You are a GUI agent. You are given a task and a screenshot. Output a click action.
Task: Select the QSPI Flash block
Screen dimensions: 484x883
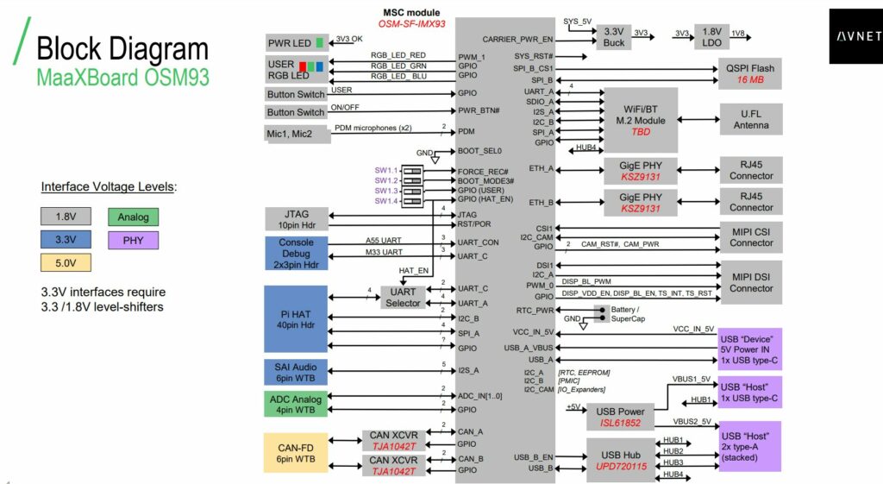tap(749, 74)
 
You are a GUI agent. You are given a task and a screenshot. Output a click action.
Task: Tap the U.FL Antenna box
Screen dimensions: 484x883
tap(750, 119)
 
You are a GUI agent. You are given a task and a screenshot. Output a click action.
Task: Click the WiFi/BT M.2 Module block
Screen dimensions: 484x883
tap(641, 120)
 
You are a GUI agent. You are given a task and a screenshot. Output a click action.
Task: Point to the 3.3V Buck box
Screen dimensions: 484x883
tap(613, 36)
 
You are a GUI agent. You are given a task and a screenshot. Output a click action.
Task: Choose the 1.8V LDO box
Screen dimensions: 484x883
tap(712, 36)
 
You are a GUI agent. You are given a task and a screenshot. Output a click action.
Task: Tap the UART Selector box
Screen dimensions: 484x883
tap(403, 297)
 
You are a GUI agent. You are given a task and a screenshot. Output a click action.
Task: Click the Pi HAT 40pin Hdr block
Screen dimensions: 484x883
tap(296, 319)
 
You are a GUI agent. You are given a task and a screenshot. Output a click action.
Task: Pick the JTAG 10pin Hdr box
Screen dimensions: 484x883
tap(296, 219)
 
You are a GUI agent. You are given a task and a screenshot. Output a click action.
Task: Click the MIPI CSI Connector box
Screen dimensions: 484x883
tap(750, 236)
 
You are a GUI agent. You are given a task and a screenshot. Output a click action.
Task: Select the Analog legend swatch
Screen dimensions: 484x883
tap(133, 217)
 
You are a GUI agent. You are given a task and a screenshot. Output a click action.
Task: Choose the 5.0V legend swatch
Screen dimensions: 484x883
tap(66, 263)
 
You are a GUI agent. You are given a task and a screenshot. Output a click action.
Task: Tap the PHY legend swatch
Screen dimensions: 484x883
tap(133, 240)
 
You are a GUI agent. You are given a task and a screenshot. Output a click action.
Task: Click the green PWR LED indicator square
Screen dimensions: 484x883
tap(320, 43)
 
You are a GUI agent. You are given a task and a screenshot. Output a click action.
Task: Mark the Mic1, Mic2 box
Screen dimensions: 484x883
tap(296, 134)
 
